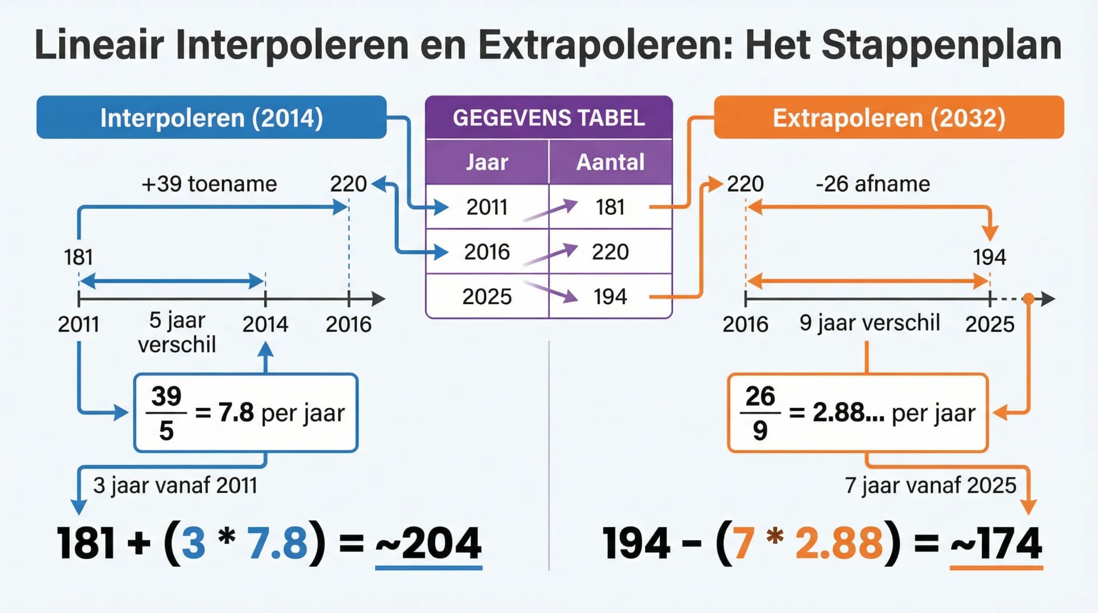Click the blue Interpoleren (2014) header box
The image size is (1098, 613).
coord(211,118)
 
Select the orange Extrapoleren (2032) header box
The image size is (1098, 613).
coord(889,118)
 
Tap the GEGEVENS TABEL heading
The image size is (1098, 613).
coord(548,118)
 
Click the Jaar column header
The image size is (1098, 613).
coord(487,162)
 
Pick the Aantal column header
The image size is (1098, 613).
coord(610,162)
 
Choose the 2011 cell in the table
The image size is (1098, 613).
coord(487,207)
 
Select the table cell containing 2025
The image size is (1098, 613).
coord(487,296)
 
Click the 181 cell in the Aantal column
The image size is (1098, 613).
coord(610,207)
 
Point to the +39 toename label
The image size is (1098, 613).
coord(209,184)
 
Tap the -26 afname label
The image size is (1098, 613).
coord(873,184)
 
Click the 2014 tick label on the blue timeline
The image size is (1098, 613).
coord(265,324)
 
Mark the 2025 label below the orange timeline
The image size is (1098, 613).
coord(989,324)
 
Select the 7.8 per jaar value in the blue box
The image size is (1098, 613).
coord(236,412)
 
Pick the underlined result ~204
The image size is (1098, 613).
coord(429,543)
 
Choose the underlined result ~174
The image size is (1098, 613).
coord(996,543)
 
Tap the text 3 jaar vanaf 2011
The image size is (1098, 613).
coord(175,485)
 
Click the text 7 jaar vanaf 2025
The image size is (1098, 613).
coord(930,485)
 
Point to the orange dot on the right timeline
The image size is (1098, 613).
coord(1028,298)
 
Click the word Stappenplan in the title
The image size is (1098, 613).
coord(941,45)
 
